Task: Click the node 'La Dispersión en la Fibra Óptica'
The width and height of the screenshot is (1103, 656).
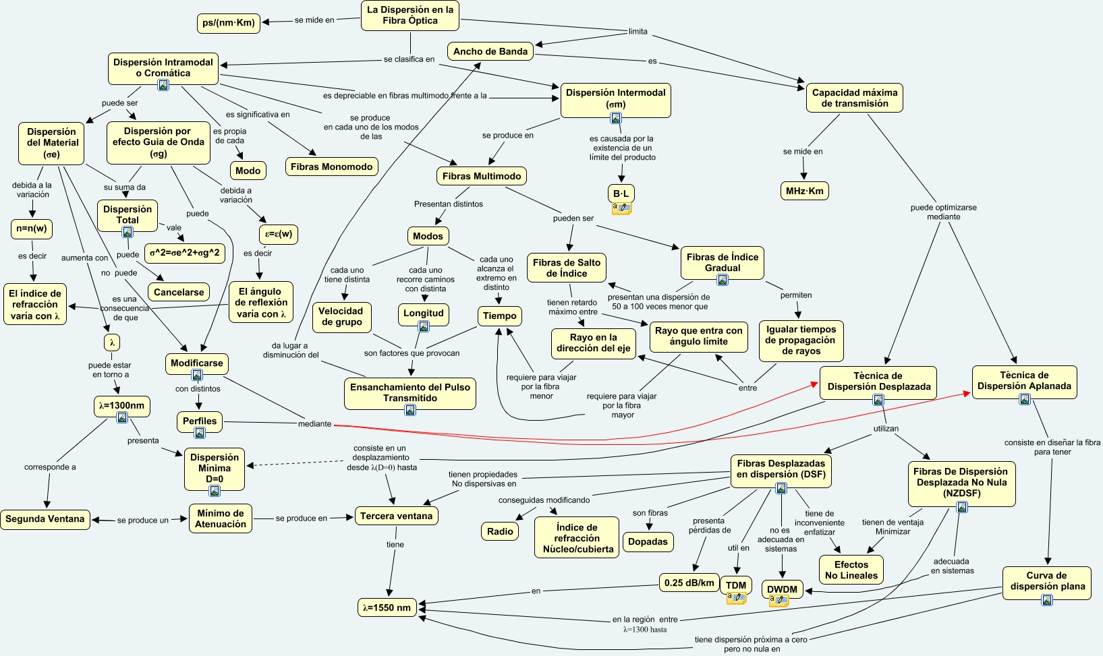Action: (410, 16)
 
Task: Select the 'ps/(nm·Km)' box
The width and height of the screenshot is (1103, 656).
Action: (229, 23)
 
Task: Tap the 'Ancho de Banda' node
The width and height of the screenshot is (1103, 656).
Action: (490, 51)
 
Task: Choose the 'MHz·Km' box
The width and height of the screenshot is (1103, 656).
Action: (804, 191)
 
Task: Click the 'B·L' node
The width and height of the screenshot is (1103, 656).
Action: (621, 193)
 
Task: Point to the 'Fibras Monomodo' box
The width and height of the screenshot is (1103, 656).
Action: (331, 167)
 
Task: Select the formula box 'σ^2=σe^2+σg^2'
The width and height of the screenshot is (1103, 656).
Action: (185, 253)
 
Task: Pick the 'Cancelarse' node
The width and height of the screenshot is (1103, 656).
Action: (179, 292)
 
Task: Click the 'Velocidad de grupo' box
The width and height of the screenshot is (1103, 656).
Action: (341, 316)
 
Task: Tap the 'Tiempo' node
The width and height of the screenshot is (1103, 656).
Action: (500, 316)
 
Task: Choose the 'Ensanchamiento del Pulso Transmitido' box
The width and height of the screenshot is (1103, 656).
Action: (410, 392)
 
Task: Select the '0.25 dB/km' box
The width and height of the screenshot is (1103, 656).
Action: (689, 583)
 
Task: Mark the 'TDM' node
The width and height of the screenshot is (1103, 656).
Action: (736, 585)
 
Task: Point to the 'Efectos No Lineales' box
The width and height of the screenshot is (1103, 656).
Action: (851, 570)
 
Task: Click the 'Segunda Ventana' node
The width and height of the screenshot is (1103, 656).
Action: (45, 519)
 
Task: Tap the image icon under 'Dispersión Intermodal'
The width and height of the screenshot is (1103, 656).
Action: (616, 118)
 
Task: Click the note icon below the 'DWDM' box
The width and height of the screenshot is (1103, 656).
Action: (779, 601)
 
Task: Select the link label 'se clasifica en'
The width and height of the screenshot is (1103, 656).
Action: (409, 59)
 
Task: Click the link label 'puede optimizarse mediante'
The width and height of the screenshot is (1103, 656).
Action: (943, 212)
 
